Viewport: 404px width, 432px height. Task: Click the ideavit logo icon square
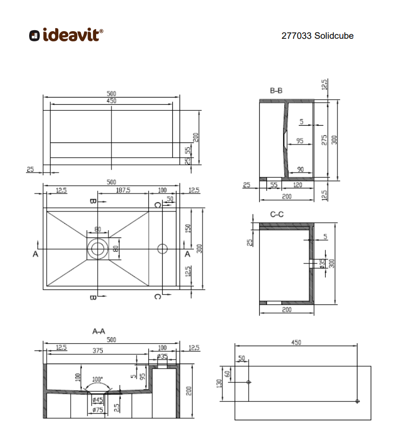(x=34, y=36)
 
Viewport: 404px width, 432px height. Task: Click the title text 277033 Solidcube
(x=318, y=36)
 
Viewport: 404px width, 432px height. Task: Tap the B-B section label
(x=276, y=91)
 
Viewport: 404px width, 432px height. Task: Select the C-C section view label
(x=277, y=214)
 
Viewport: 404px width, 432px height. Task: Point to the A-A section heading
(x=99, y=331)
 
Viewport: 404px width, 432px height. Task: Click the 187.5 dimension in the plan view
(x=123, y=190)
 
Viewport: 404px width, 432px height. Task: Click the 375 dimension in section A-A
(x=98, y=350)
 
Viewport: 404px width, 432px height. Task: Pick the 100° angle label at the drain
(x=97, y=379)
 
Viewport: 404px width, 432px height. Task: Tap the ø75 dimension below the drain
(x=98, y=410)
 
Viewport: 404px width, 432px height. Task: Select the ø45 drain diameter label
(x=98, y=400)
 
